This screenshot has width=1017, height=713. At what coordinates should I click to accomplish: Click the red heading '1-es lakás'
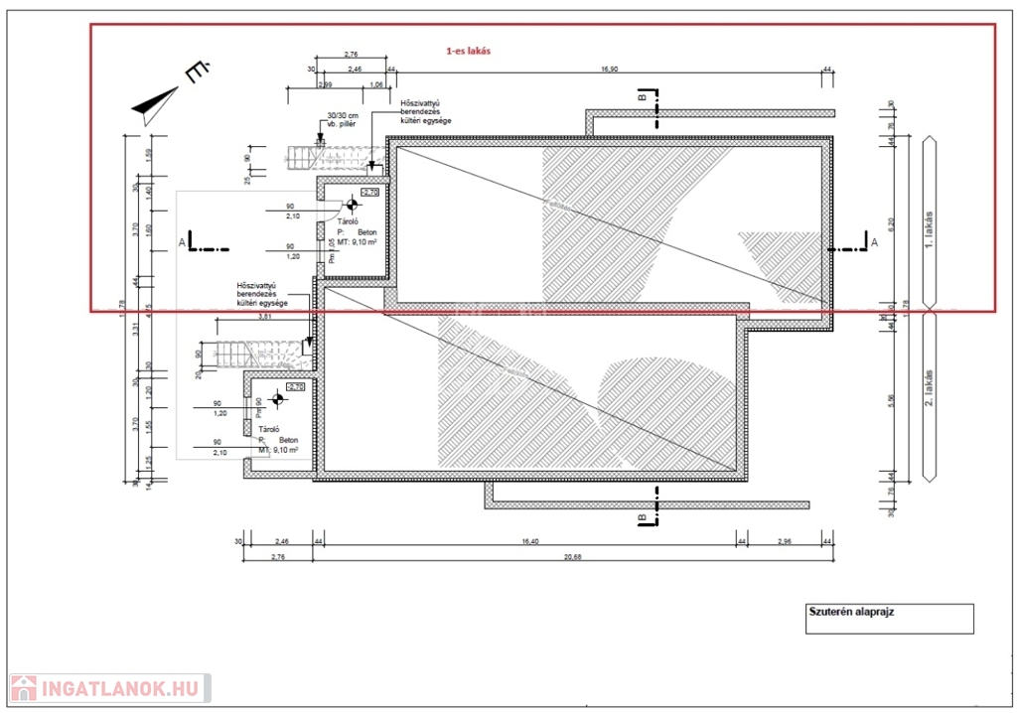[469, 51]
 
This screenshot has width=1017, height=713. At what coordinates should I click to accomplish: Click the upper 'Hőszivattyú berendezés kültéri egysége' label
[425, 111]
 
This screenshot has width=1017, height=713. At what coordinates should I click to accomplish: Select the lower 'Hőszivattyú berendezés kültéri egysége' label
[262, 293]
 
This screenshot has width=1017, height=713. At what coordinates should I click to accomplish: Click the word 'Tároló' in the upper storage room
[349, 222]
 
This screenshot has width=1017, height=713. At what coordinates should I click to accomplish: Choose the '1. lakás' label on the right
[930, 228]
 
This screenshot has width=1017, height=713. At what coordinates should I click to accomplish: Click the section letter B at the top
[642, 97]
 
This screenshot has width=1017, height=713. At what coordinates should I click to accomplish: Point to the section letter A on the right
[874, 241]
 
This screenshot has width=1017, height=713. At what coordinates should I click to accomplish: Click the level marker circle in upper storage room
[351, 206]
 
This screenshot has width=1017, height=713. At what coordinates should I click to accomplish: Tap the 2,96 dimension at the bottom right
[784, 541]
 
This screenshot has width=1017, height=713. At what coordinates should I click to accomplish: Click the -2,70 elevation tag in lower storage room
[295, 386]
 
